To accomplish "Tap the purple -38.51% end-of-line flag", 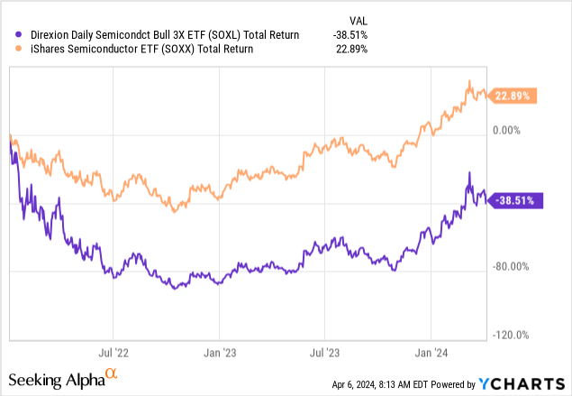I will tap(516, 202).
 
